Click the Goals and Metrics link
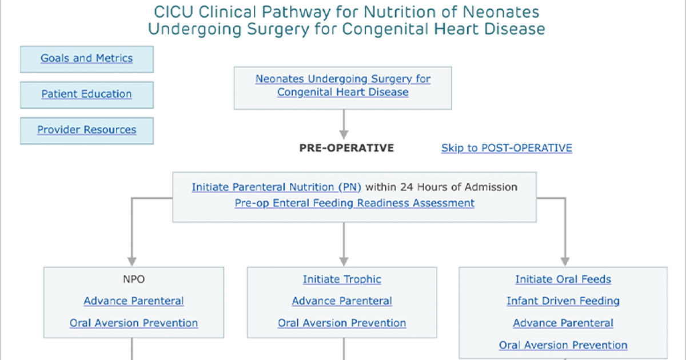[87, 58]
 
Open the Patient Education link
[87, 94]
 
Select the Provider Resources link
[87, 130]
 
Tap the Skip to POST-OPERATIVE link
[506, 148]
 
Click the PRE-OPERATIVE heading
[346, 148]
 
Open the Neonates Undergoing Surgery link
[343, 85]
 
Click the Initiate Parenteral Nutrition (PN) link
[277, 187]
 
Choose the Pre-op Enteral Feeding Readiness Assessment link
[354, 203]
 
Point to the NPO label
[134, 279]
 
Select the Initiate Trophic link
[342, 279]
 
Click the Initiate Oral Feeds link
[563, 279]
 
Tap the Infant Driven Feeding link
[563, 301]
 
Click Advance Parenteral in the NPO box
[134, 301]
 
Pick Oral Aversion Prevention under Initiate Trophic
[342, 323]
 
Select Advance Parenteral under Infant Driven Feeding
[563, 323]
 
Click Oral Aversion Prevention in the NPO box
[134, 323]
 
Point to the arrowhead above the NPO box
[132, 262]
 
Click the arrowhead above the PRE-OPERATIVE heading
[344, 135]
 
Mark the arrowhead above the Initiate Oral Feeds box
[565, 262]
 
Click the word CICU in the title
[174, 13]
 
